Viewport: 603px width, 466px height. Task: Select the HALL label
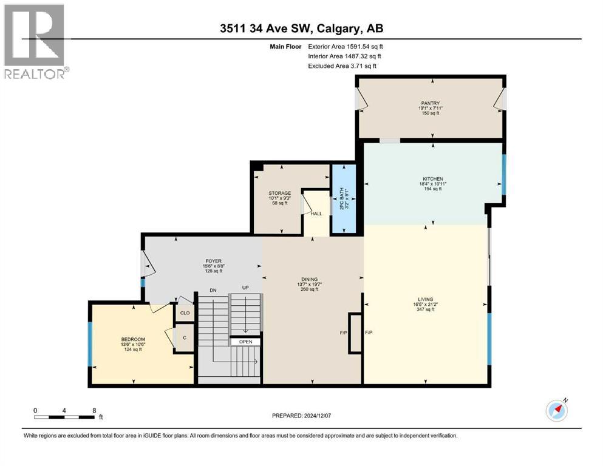tap(316, 214)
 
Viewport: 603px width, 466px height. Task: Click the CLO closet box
tap(185, 314)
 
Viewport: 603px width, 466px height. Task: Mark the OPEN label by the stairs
tap(245, 342)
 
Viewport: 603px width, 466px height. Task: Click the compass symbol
tap(556, 410)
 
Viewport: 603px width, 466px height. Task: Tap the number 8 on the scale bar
tap(94, 410)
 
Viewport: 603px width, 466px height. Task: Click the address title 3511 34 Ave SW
tap(301, 28)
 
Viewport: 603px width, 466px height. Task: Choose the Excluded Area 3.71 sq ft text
tap(342, 66)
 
